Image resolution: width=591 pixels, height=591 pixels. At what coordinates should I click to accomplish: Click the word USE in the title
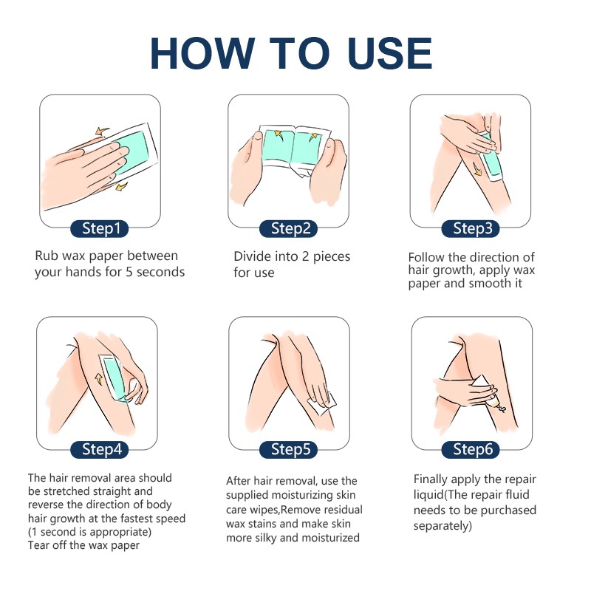click(x=390, y=53)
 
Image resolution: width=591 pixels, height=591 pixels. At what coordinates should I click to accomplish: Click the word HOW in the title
click(x=202, y=53)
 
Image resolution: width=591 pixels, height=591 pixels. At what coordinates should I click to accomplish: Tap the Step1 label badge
click(x=100, y=228)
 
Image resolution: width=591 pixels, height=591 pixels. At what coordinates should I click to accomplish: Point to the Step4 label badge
click(x=100, y=449)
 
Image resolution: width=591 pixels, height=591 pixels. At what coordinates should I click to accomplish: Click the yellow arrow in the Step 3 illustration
click(x=477, y=170)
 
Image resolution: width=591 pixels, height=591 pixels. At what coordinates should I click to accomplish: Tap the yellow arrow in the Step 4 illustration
click(x=99, y=379)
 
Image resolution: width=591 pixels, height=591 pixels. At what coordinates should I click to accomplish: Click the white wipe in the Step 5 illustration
click(x=323, y=404)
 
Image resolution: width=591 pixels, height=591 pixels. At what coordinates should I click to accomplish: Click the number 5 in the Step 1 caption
click(x=129, y=272)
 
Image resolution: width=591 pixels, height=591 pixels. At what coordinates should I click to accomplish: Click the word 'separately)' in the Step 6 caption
click(x=443, y=526)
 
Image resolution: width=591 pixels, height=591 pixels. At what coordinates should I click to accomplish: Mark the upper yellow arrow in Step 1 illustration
click(x=101, y=131)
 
